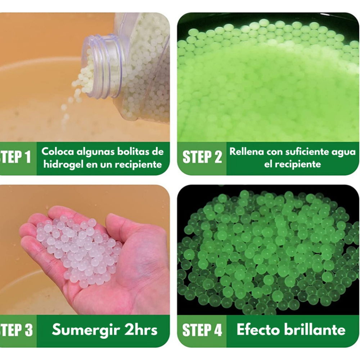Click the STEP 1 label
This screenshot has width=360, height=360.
(15, 157)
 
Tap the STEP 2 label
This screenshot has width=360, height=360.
(202, 157)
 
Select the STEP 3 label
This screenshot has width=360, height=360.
(16, 330)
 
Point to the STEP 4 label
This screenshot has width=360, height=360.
(202, 330)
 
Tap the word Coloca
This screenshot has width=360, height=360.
(58, 152)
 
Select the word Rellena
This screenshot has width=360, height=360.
(247, 152)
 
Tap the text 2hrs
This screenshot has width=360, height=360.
(141, 330)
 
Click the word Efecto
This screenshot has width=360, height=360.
(258, 330)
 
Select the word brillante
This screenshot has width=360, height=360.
(315, 330)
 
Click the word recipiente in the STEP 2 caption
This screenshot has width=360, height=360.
(292, 165)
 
